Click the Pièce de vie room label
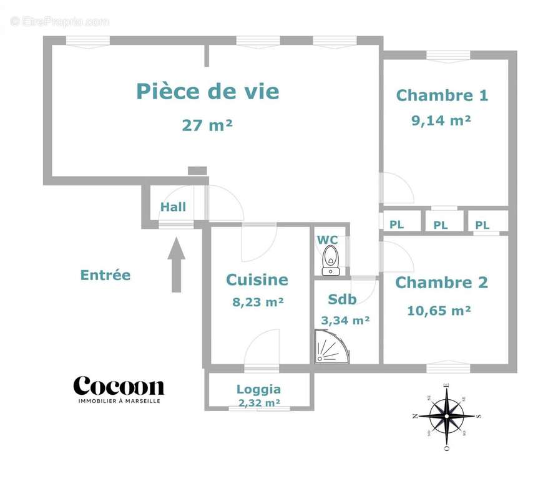tap(207, 92)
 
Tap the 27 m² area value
tap(207, 125)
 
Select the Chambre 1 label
tap(442, 95)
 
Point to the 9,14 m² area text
tap(441, 120)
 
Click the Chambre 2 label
tap(441, 283)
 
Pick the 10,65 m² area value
tap(439, 310)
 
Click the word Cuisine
tap(257, 280)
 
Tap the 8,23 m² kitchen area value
tap(258, 302)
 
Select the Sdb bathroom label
tap(342, 299)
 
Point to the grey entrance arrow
tap(177, 264)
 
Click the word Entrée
tap(105, 275)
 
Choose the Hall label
tap(174, 207)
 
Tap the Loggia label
tap(258, 389)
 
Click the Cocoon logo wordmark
tap(119, 385)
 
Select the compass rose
tap(446, 415)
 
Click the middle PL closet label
tap(441, 225)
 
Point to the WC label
tap(328, 240)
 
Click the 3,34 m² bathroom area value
tap(345, 321)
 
